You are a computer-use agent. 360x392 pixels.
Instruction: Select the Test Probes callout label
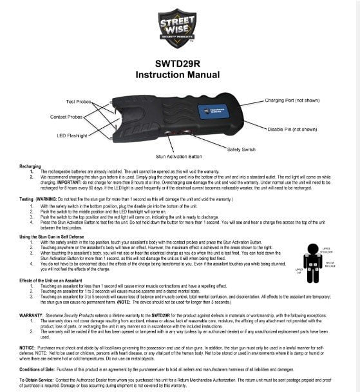(79, 101)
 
